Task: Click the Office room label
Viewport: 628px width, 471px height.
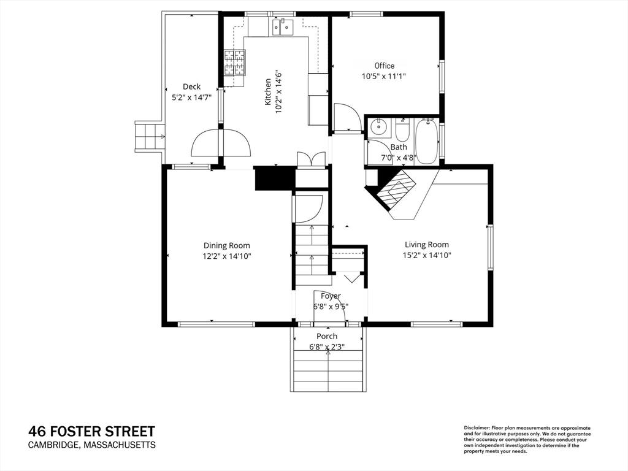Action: click(385, 66)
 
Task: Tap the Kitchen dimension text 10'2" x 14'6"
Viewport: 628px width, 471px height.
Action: click(279, 92)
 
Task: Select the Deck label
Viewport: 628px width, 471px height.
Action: click(191, 86)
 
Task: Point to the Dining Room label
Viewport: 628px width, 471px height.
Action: click(227, 245)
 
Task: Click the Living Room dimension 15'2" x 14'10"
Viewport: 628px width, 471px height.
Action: click(427, 256)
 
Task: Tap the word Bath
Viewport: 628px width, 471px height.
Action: click(399, 147)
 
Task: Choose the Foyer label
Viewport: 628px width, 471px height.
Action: click(331, 296)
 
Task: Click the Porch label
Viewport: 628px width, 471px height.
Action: click(327, 336)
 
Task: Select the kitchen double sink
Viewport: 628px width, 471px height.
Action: click(283, 27)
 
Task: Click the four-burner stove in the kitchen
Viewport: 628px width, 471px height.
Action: click(235, 63)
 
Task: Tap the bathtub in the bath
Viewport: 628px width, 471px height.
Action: click(427, 142)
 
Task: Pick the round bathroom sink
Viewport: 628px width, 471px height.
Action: click(377, 128)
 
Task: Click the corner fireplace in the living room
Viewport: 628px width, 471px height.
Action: click(396, 189)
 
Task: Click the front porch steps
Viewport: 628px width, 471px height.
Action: click(328, 370)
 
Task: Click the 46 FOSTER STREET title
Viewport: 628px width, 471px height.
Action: click(92, 431)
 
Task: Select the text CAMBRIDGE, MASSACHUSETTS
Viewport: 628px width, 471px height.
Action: click(92, 445)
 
